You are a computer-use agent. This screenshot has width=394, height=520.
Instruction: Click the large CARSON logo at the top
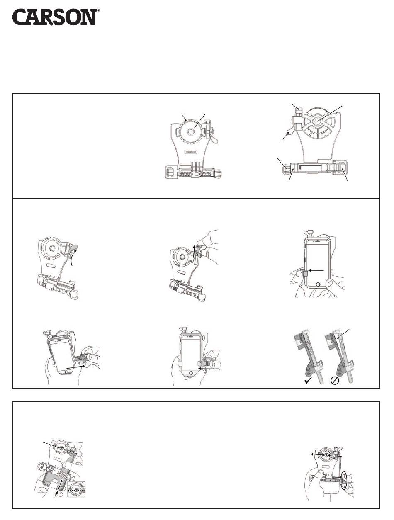[54, 17]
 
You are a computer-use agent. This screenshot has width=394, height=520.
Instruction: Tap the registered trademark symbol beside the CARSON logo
[99, 10]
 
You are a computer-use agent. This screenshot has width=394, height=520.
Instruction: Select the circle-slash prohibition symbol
[335, 381]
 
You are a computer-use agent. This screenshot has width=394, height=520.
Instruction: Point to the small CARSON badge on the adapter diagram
[191, 152]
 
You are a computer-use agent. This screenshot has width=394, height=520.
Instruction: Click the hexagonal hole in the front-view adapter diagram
[191, 131]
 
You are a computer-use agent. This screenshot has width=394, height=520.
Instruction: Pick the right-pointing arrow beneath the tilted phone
[76, 367]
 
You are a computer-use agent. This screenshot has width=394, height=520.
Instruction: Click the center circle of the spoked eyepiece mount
[318, 121]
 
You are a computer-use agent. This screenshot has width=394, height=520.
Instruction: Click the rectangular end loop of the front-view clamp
[170, 171]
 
